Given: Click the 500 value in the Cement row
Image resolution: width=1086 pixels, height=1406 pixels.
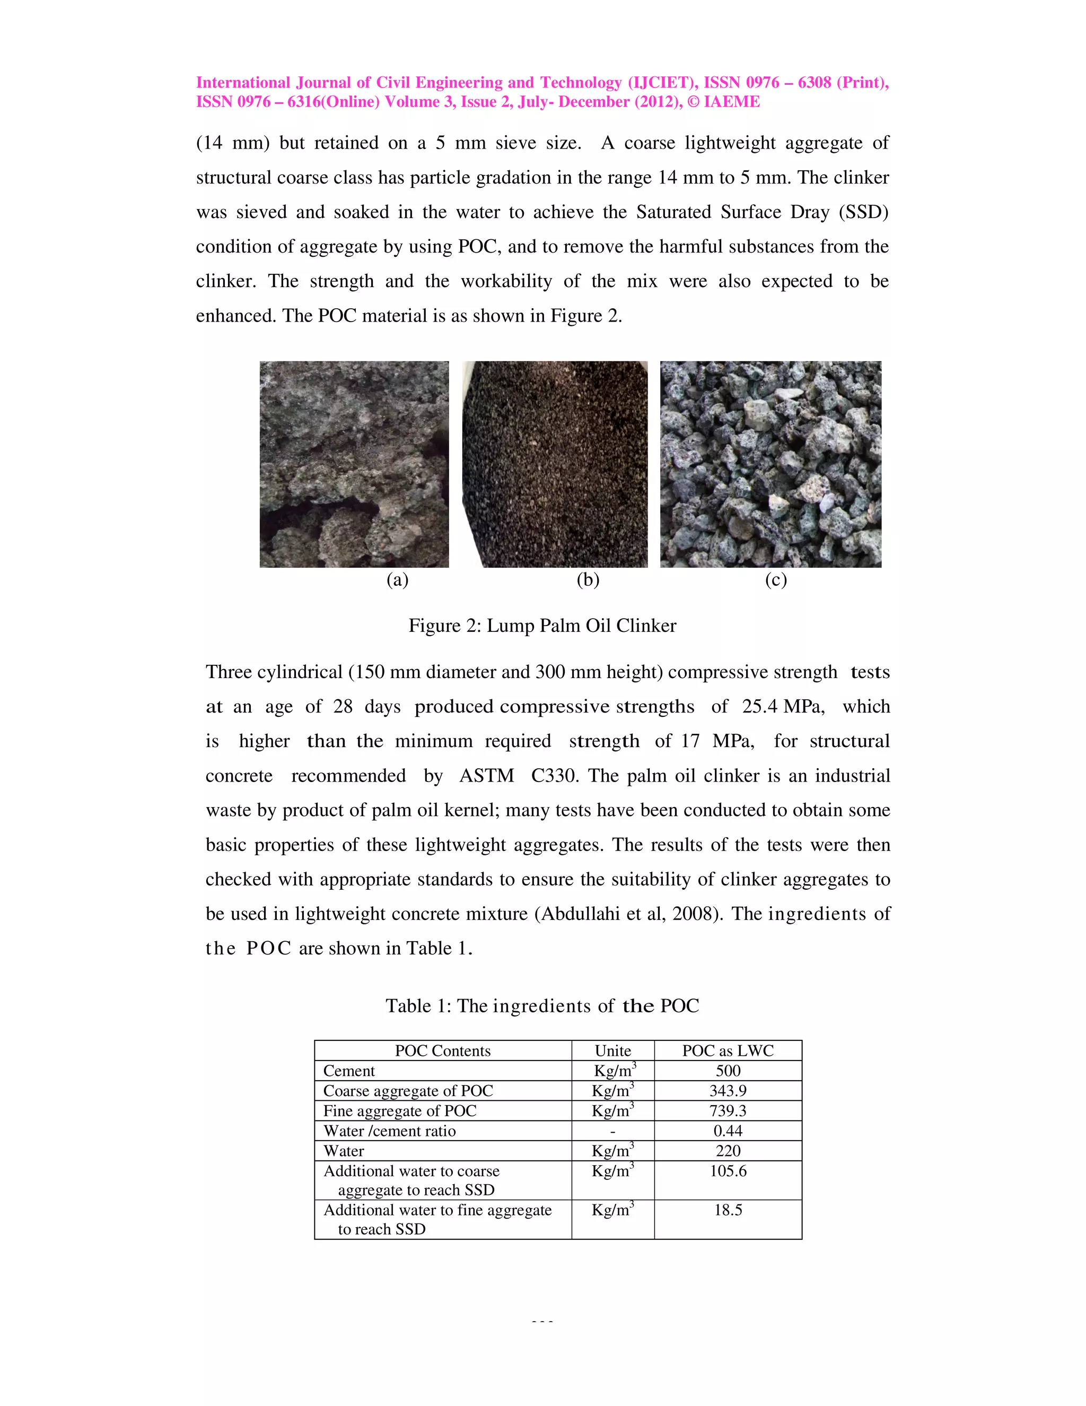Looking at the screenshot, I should click(728, 1071).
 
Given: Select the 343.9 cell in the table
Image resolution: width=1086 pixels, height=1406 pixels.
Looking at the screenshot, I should click(728, 1090).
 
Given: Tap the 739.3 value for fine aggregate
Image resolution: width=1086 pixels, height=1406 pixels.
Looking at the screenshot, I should click(728, 1110).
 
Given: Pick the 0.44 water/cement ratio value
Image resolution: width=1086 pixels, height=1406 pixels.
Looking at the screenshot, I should click(728, 1131).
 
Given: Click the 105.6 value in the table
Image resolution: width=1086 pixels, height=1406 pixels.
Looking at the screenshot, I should click(728, 1171).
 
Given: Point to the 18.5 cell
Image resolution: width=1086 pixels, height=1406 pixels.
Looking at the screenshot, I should click(728, 1210).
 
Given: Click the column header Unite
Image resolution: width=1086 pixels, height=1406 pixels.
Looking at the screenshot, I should click(612, 1051).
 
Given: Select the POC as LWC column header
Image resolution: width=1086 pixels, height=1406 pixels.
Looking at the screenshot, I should click(728, 1051).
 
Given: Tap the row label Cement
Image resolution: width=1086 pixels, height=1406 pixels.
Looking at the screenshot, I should click(349, 1071).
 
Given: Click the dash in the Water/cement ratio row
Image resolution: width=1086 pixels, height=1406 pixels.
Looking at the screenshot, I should click(612, 1131).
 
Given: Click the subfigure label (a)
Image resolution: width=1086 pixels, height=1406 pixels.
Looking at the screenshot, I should click(398, 580).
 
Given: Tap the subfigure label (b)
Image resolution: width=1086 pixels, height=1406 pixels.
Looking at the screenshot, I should click(588, 580).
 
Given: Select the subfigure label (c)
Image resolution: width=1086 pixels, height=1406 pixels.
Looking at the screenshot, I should click(776, 580).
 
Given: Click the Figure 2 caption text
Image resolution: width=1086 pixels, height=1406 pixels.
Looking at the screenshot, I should click(542, 626).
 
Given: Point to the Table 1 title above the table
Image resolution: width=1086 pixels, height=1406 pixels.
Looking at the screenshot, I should click(542, 1005).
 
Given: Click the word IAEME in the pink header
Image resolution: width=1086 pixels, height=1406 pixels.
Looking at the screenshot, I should click(732, 102).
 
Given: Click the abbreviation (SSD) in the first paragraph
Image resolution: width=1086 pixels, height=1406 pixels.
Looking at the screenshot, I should click(863, 212).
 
